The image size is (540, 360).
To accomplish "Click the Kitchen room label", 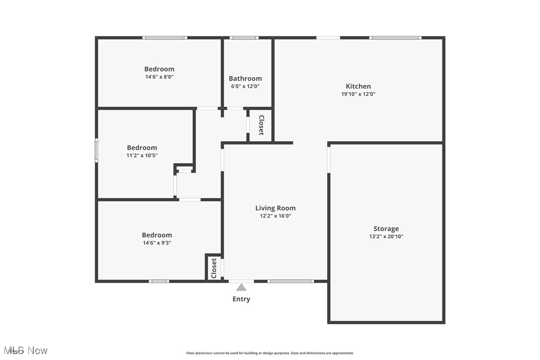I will pos(358,86).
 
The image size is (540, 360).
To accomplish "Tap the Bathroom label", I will pos(245,79).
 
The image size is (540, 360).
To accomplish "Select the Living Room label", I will pos(275,208).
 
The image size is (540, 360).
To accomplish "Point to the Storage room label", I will pos(386,229).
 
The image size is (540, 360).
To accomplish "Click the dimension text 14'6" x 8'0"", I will pos(159,77).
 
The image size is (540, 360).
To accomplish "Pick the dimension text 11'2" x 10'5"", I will pos(142,156).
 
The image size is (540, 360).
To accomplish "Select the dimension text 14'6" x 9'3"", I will pos(157,243).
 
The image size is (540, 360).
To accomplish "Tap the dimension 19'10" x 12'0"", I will pos(358,94).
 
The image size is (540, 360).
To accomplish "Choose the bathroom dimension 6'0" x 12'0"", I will pos(245,87).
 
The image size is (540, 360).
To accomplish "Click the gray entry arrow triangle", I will pos(241,287).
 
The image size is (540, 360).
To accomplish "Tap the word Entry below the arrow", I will pos(241,299).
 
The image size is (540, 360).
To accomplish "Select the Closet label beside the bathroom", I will pos(261,125).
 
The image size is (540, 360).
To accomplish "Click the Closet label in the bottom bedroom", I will pos(214,268).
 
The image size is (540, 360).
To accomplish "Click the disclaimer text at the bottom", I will pos(270,353).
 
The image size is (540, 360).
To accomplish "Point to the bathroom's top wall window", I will pos(244,38).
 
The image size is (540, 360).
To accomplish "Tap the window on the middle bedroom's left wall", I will pos(96,150).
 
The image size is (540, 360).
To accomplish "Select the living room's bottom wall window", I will pos(290,281).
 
